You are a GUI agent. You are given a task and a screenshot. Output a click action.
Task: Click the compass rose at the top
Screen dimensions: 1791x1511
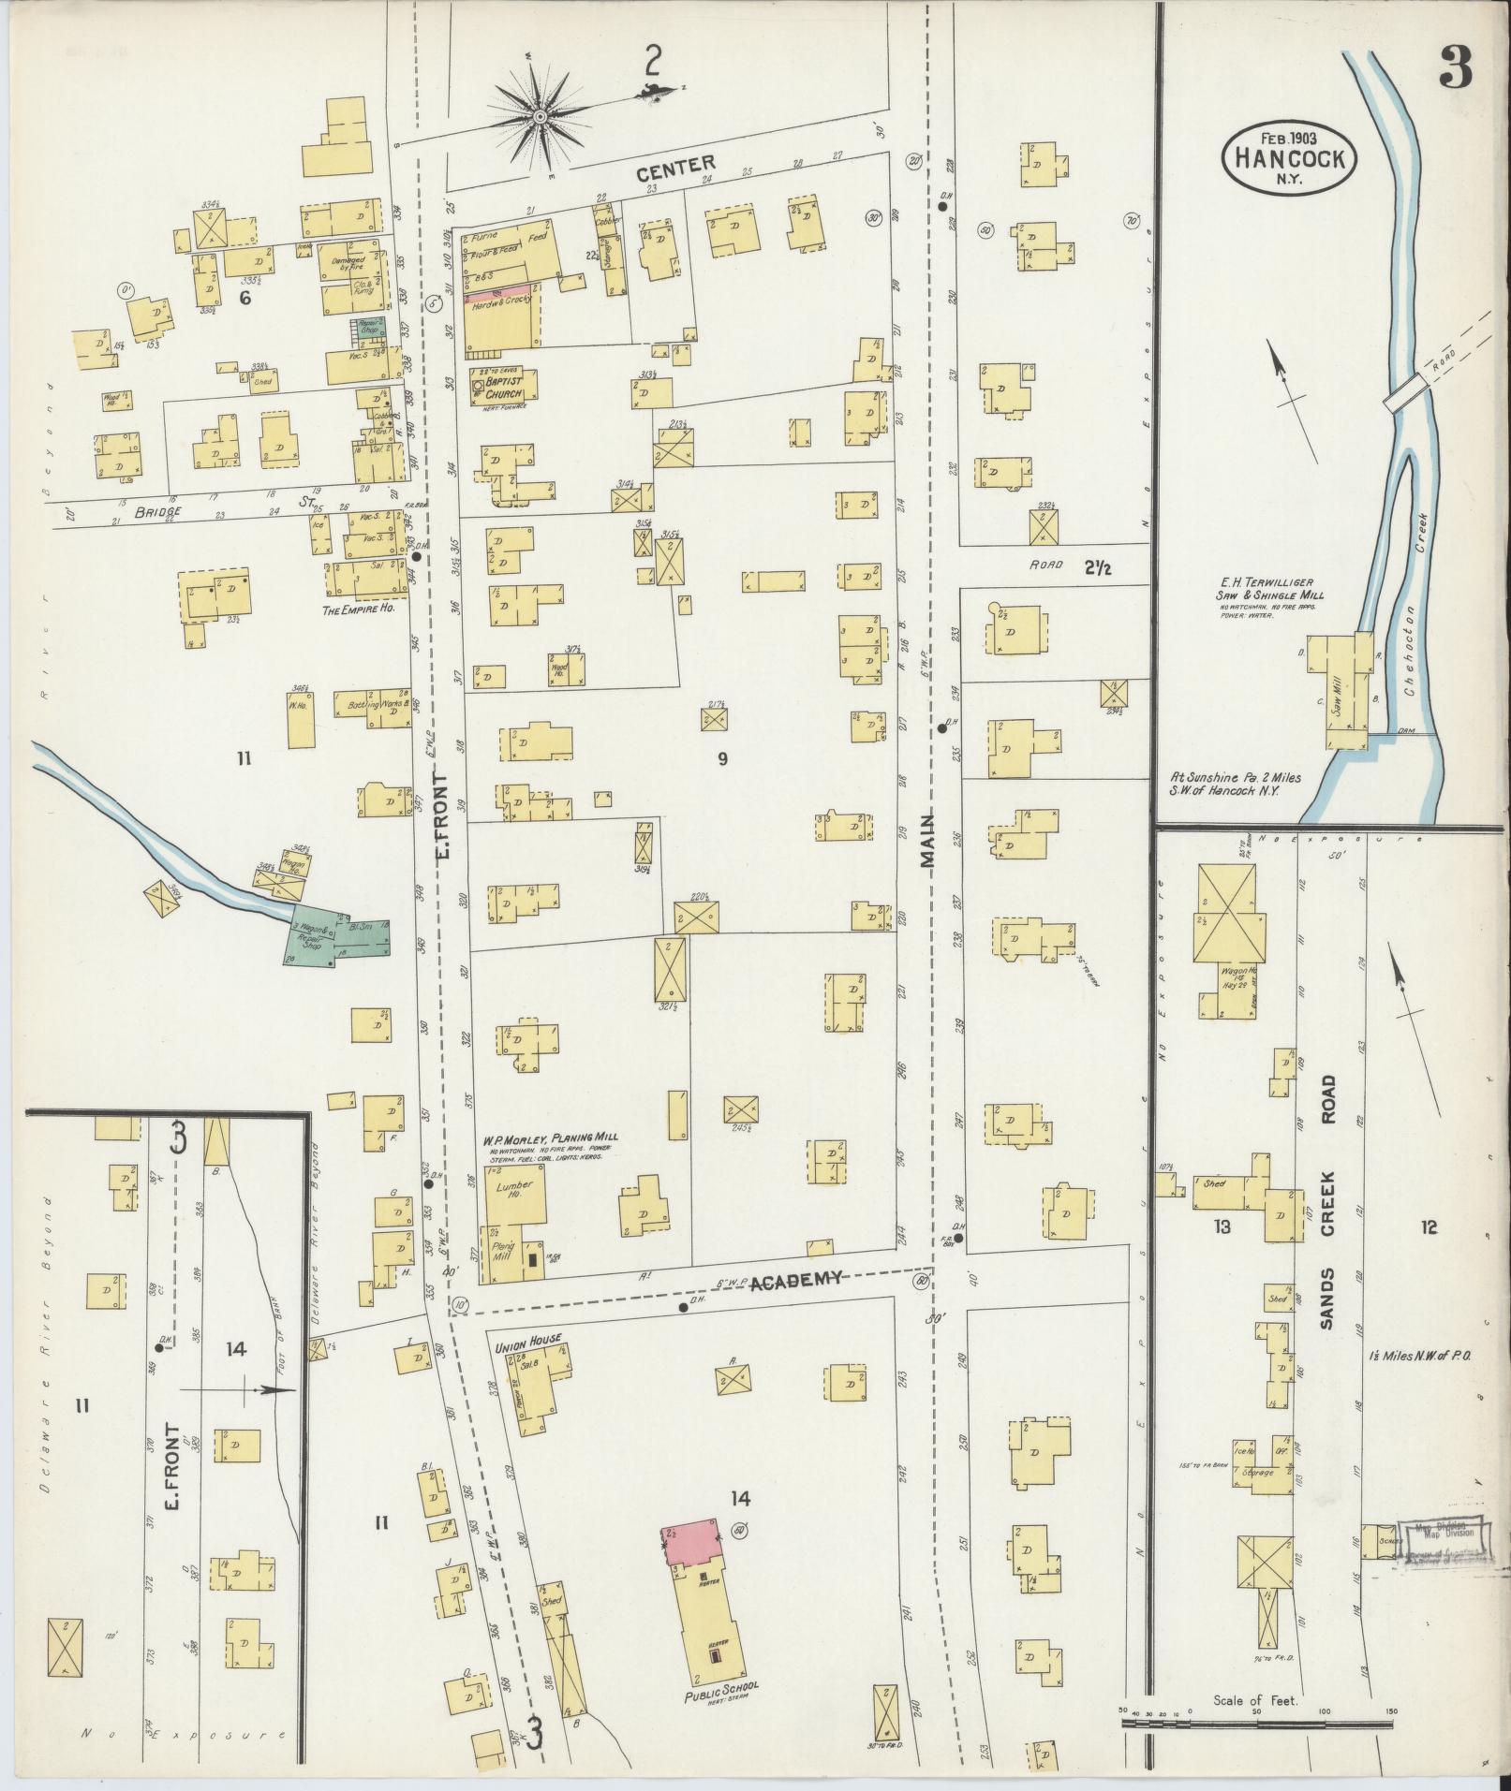541,116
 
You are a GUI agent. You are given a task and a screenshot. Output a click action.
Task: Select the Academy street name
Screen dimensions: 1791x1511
798,1280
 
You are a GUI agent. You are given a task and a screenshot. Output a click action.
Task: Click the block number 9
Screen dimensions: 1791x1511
722,759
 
